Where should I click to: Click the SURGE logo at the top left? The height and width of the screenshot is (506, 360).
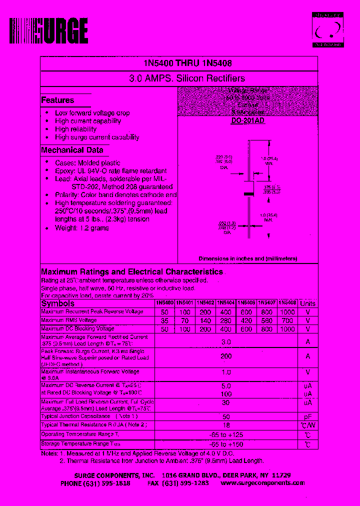point(49,31)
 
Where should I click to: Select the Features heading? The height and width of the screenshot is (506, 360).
point(57,100)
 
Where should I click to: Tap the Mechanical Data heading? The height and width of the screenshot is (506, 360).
point(72,150)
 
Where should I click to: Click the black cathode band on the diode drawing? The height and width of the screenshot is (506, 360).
point(247,193)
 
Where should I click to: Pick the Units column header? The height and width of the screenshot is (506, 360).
point(308,303)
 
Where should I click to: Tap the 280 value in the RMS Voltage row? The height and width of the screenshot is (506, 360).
point(225,320)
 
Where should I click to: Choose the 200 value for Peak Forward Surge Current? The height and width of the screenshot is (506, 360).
point(226,356)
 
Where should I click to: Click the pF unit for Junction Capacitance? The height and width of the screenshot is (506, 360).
point(308,416)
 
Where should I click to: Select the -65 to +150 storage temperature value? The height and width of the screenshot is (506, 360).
point(226,444)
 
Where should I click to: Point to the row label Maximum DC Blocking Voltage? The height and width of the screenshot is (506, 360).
point(77,328)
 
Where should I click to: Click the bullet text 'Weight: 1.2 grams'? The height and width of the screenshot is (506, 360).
point(82,228)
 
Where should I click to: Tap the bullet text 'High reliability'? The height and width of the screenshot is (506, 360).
point(75,129)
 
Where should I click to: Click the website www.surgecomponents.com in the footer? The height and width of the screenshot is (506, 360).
point(262,483)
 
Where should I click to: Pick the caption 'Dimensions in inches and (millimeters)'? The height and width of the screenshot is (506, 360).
point(247,258)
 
